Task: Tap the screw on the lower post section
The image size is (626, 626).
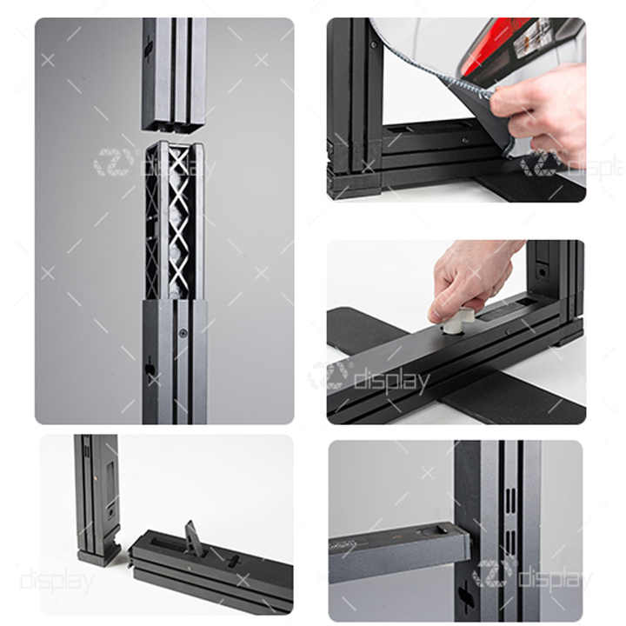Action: click(182, 333)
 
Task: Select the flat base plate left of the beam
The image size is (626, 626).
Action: click(365, 326)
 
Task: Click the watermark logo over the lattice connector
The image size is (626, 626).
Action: click(113, 162)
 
